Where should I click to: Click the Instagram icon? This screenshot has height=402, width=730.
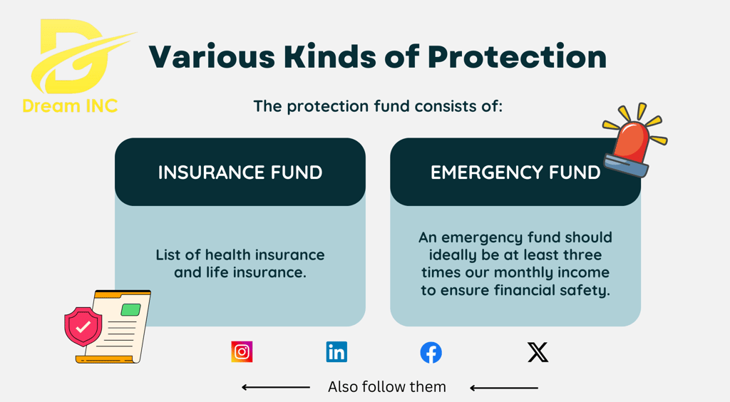(242, 352)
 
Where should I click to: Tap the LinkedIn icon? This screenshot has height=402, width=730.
(336, 352)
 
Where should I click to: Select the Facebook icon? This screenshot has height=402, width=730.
(431, 353)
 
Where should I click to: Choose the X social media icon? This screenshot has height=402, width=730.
(538, 352)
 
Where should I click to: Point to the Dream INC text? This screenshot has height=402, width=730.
(70, 106)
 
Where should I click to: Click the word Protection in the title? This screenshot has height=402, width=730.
(518, 57)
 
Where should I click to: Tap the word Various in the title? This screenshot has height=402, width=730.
(212, 57)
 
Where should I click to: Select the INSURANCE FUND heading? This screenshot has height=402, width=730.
(240, 172)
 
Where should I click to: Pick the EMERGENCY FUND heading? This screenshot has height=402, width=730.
(515, 172)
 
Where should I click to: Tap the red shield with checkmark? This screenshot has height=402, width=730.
(83, 326)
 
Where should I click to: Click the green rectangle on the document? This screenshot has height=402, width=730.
(131, 309)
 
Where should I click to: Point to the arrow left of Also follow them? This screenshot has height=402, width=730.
(276, 387)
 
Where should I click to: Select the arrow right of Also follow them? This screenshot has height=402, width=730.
(504, 388)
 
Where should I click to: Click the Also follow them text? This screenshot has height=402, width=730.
(387, 386)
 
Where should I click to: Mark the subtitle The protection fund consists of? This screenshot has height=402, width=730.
(378, 106)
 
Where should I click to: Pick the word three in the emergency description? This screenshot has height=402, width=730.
(582, 255)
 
